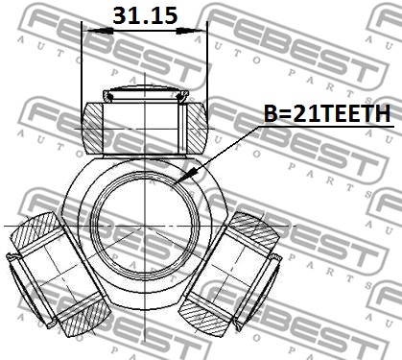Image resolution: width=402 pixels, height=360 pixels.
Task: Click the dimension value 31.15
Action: click(x=145, y=15)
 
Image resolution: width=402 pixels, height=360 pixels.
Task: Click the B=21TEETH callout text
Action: click(x=327, y=113)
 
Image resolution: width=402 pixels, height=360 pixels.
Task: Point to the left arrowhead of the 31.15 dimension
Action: click(x=100, y=31)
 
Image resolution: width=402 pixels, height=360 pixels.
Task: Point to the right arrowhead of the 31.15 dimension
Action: click(x=190, y=31)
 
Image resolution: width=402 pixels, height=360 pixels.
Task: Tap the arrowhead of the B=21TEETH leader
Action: click(x=183, y=177)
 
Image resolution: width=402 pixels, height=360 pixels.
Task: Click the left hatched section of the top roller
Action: click(x=93, y=128)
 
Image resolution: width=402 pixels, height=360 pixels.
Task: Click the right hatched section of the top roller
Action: click(x=197, y=128)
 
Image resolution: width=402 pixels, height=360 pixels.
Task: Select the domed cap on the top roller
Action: click(x=146, y=93)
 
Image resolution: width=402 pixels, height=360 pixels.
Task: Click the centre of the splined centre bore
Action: click(x=145, y=227)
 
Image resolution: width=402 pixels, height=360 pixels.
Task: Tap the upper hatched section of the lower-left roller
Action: click(x=35, y=230)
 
